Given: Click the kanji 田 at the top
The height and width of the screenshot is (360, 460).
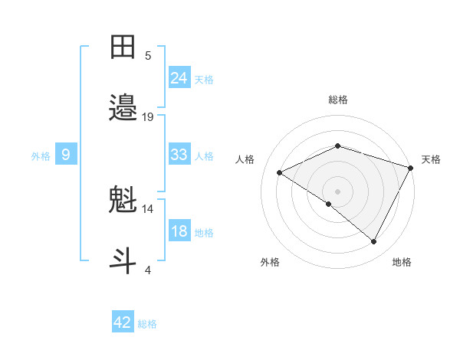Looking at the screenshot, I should [123, 48].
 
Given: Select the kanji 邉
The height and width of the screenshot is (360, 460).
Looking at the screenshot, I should [123, 108].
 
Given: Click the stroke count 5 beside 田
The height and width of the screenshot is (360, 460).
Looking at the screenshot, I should [148, 55].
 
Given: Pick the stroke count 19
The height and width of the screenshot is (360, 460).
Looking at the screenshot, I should [148, 116].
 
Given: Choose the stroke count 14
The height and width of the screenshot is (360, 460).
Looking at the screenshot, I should [148, 208].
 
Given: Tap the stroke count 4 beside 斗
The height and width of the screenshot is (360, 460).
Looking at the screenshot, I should [148, 270].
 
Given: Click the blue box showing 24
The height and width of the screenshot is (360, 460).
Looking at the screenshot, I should [179, 77].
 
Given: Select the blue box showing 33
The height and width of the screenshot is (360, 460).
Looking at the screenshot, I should [179, 155].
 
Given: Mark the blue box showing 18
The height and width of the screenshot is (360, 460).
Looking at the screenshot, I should [179, 231].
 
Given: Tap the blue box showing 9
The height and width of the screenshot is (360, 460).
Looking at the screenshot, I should [66, 155].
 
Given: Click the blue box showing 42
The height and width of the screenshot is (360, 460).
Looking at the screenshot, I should [123, 322].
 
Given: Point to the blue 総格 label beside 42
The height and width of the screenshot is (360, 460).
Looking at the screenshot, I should [147, 324].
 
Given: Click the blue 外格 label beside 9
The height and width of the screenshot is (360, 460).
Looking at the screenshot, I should [41, 156].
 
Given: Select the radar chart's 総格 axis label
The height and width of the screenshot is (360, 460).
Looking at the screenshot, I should [338, 100].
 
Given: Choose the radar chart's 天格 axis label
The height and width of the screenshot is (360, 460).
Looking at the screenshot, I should [431, 159].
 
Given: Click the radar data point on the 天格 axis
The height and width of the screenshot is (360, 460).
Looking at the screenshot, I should [411, 167].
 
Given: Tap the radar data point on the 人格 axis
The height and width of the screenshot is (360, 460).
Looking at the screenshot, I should [280, 173].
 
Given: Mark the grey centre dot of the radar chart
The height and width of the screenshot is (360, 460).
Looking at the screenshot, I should [338, 191].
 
